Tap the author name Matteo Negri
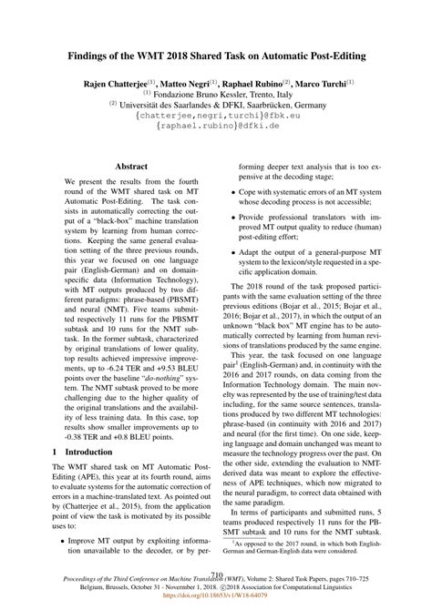[194, 82]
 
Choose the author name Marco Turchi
[339, 82]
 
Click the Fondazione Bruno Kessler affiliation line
[215, 94]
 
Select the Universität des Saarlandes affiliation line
[215, 105]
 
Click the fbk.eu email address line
[215, 117]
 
